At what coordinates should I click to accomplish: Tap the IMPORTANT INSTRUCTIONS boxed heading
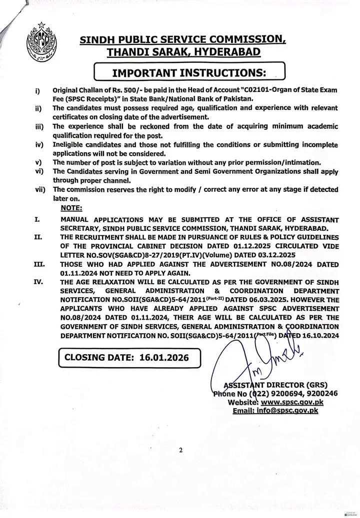click(188, 72)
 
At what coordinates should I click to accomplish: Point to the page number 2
click(180, 450)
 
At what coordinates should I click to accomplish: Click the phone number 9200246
click(319, 393)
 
